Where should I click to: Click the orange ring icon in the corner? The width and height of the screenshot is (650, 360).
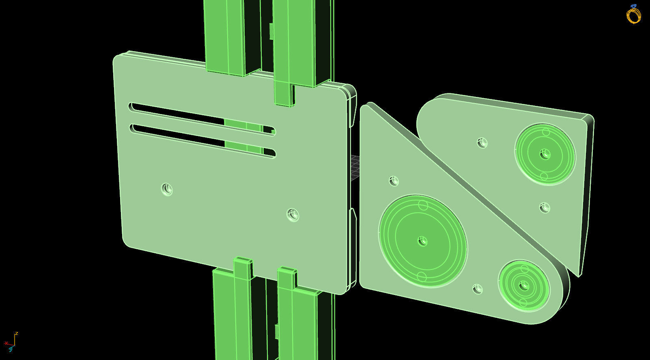633,15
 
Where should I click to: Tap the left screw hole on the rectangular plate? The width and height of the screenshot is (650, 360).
167,189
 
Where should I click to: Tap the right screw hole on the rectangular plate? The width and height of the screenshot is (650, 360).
293,214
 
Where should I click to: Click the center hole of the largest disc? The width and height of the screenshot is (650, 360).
422,241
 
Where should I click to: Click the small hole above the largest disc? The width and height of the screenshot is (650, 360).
394,181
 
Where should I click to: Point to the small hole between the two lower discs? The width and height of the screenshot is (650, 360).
478,289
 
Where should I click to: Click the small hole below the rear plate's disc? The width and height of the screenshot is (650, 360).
545,208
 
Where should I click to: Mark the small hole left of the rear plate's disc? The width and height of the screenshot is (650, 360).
482,142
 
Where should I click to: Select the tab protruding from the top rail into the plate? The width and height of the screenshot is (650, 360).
284,94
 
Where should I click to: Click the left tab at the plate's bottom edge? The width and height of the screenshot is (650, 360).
243,268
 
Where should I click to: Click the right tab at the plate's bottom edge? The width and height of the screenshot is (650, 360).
287,278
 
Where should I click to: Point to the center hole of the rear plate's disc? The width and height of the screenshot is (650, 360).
545,154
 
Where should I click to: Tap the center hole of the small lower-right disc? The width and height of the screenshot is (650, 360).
524,285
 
